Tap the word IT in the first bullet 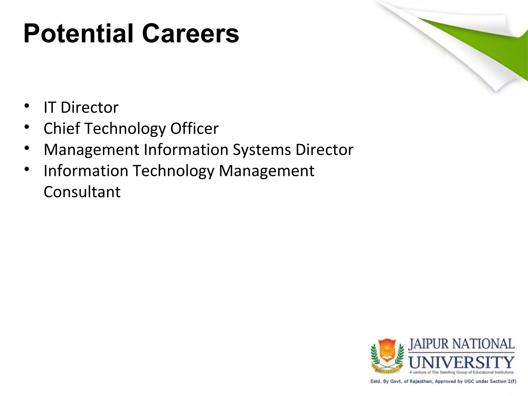click(x=50, y=107)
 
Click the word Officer click(x=194, y=128)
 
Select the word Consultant click(x=82, y=192)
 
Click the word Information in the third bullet click(x=186, y=150)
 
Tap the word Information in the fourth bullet click(x=86, y=171)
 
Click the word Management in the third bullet click(x=92, y=150)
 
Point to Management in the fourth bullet click(x=266, y=171)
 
